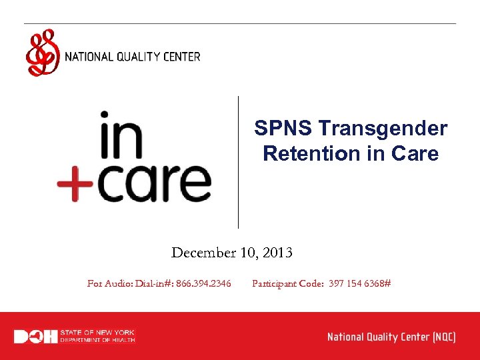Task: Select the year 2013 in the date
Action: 277,253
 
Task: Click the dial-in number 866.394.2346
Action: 203,283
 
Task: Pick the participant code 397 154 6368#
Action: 359,283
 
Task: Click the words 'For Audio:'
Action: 110,283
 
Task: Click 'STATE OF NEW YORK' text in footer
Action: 97,333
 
